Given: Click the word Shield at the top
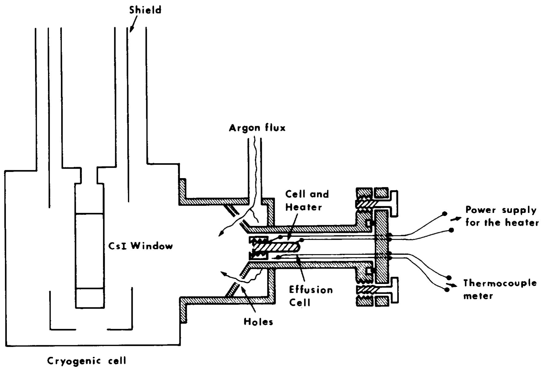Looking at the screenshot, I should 145,10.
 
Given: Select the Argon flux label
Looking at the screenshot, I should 257,128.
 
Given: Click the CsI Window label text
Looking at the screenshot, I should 140,246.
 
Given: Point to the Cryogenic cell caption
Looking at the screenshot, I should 87,361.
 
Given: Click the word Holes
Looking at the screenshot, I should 258,322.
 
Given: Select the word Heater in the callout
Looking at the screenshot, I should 304,207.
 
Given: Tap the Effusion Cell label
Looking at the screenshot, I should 311,296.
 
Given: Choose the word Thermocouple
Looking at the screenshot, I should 500,283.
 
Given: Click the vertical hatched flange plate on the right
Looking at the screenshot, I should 382,246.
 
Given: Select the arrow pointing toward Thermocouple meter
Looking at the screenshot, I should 451,285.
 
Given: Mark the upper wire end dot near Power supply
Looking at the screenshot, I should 445,213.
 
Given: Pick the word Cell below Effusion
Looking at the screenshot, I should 300,302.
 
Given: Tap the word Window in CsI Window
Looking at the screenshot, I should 151,246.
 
